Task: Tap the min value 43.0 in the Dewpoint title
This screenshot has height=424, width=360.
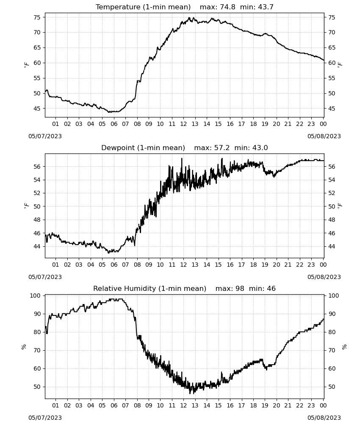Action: tap(260, 148)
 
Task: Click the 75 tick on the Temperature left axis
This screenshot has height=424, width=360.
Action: tap(37, 17)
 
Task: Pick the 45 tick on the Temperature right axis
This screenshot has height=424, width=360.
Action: tap(331, 109)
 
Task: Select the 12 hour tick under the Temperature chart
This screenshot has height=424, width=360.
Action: tap(183, 124)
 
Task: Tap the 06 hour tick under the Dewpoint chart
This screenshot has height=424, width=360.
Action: tap(114, 265)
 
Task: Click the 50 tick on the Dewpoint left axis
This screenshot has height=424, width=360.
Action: tap(37, 206)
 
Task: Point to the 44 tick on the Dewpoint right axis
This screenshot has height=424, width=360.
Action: tap(331, 246)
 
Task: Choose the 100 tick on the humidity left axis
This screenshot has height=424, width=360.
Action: tap(35, 296)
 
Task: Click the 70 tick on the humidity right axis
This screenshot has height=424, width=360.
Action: tap(331, 351)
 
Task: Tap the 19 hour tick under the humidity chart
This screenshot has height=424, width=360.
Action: tap(265, 405)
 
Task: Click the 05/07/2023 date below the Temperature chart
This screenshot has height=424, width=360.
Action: tap(45, 136)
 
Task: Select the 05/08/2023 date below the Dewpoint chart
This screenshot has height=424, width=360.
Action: tap(324, 277)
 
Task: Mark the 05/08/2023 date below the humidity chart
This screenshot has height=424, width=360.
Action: tap(324, 418)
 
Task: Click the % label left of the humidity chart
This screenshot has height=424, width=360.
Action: tap(24, 347)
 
